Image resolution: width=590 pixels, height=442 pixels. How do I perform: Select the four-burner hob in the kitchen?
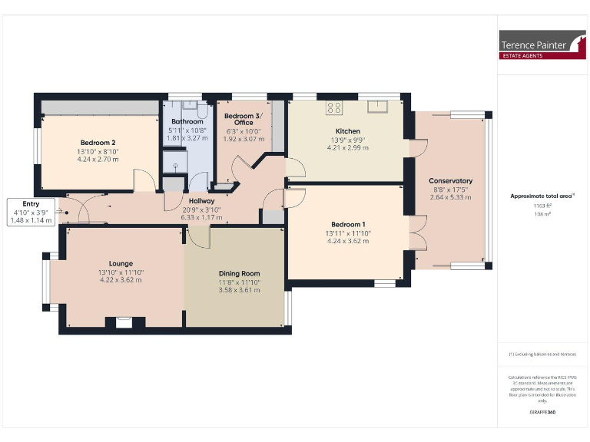pyautogui.click(x=335, y=107)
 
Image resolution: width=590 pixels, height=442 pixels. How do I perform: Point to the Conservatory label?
pyautogui.click(x=451, y=181)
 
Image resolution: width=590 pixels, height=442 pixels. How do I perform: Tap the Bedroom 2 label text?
pyautogui.click(x=98, y=143)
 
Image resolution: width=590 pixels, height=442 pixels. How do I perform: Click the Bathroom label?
pyautogui.click(x=187, y=122)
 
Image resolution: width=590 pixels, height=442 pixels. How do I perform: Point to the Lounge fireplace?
pyautogui.click(x=123, y=322)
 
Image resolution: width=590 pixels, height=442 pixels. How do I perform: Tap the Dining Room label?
pyautogui.click(x=239, y=273)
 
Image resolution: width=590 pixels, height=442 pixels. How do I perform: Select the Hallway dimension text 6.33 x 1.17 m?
pyautogui.click(x=201, y=217)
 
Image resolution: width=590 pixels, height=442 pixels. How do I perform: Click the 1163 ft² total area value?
pyautogui.click(x=542, y=207)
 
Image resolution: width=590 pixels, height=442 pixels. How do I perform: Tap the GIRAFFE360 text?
pyautogui.click(x=542, y=413)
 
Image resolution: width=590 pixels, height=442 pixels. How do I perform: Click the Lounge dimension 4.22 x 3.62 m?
pyautogui.click(x=121, y=280)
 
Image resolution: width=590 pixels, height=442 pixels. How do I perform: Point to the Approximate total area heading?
pyautogui.click(x=542, y=196)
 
